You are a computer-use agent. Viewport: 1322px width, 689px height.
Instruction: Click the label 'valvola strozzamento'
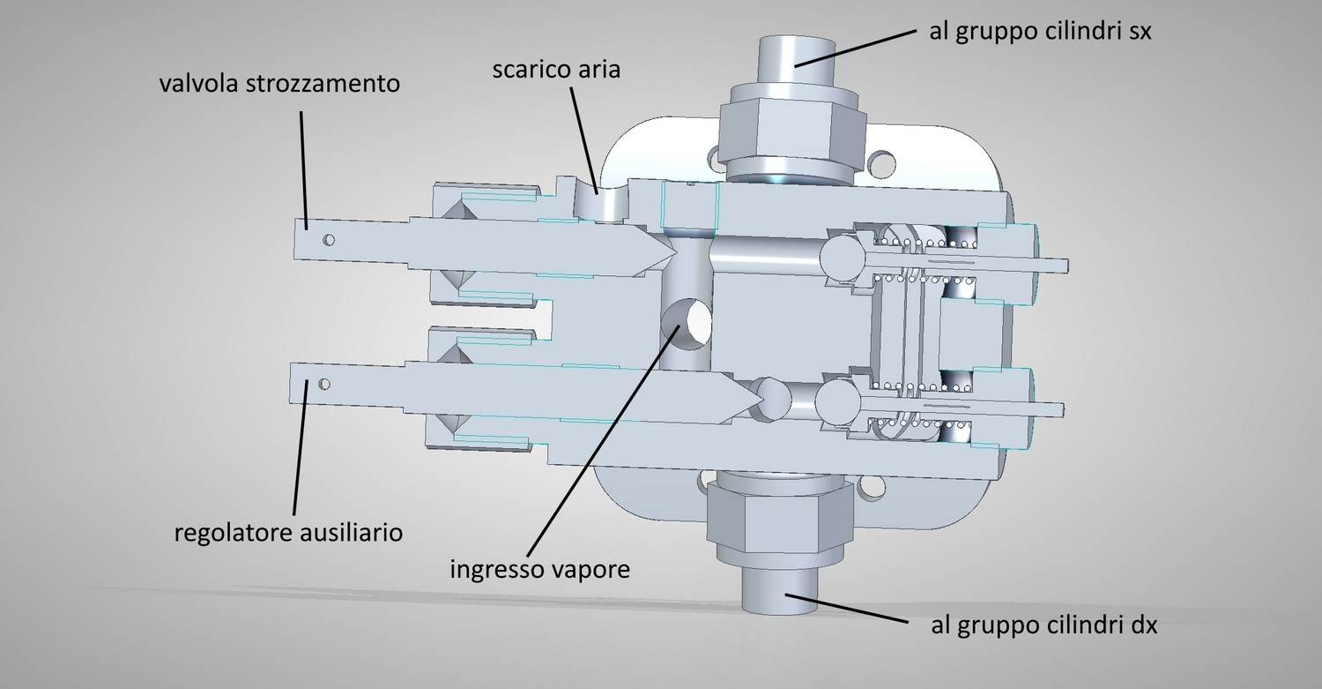tap(279, 84)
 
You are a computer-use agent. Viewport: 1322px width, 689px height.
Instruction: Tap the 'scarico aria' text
tap(556, 69)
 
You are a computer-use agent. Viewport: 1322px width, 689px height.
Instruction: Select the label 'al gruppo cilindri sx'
tap(1041, 32)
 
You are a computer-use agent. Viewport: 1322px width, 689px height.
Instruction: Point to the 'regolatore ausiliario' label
tap(288, 533)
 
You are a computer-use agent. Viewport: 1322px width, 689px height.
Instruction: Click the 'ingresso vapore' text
tap(540, 569)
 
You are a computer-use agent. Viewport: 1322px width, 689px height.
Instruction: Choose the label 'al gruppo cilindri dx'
tap(1044, 625)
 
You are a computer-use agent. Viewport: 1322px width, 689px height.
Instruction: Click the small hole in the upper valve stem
tap(329, 239)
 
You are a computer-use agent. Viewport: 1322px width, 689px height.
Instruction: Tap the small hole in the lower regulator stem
tap(324, 384)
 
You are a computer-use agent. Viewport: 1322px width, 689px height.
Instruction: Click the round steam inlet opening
tap(687, 324)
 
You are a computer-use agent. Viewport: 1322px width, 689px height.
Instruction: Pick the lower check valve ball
tap(837, 404)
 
